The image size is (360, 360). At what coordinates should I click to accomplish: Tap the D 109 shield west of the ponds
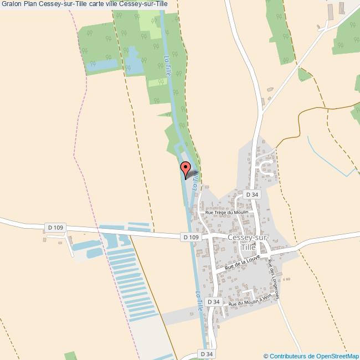56,228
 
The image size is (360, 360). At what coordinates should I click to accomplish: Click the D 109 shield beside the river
190,237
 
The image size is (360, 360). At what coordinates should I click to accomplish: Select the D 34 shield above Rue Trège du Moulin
252,194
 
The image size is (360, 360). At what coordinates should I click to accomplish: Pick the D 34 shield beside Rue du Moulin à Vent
214,302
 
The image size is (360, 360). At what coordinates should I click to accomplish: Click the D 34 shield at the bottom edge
207,353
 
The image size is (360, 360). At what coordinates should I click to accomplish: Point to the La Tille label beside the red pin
195,181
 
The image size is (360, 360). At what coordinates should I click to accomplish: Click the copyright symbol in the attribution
266,356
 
